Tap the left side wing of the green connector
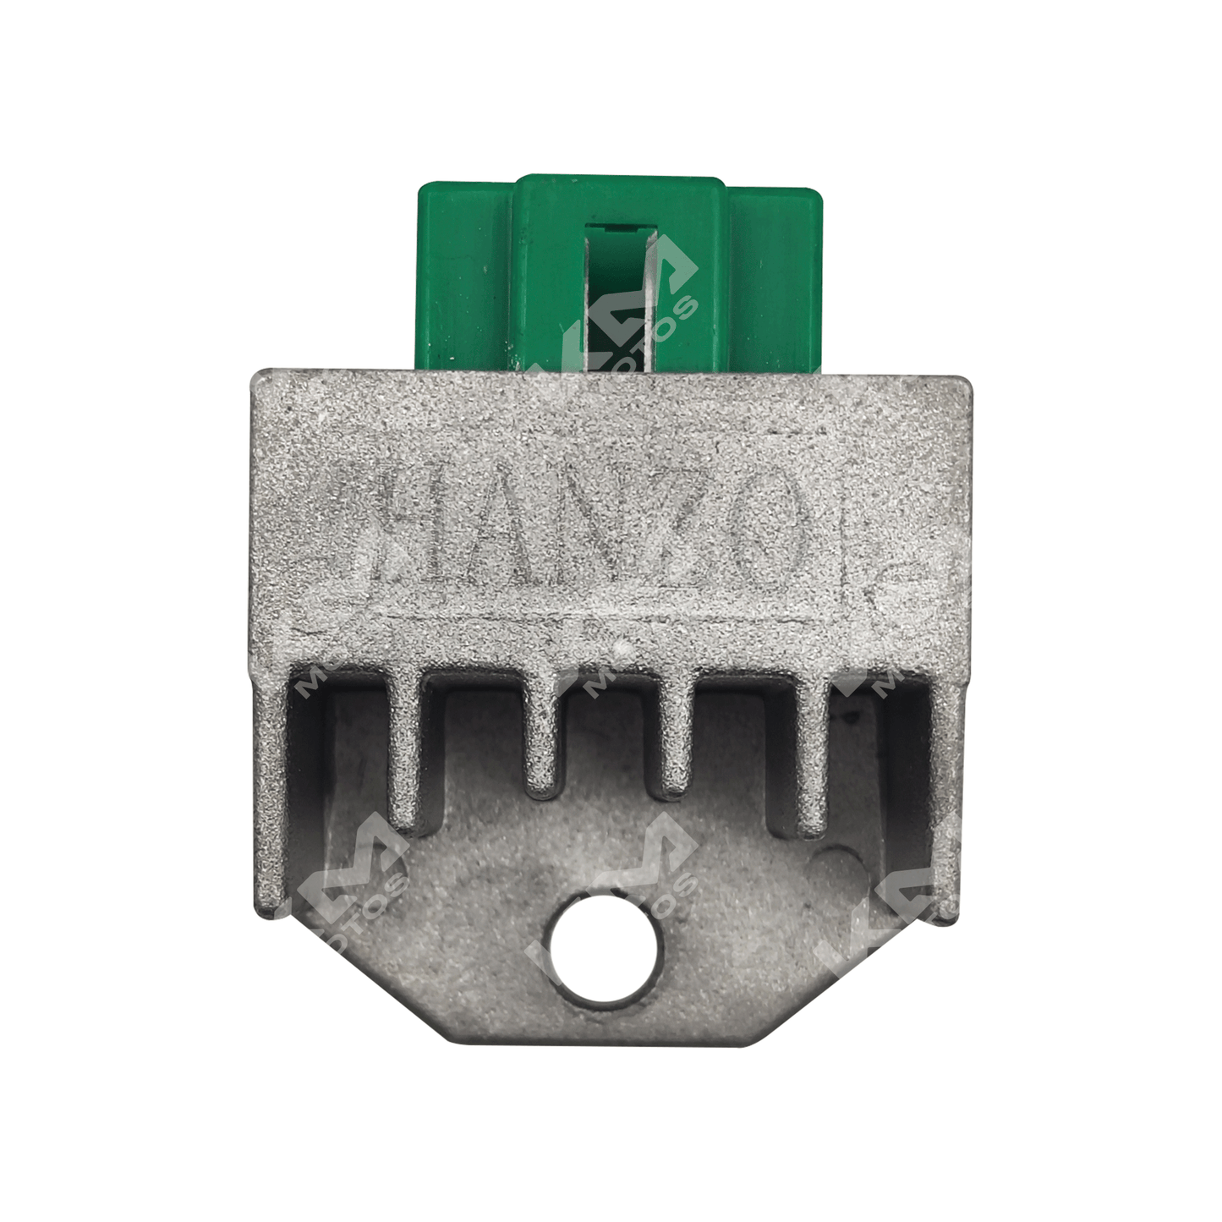(x=463, y=279)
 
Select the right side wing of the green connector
(x=774, y=279)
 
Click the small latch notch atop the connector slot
(x=621, y=227)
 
